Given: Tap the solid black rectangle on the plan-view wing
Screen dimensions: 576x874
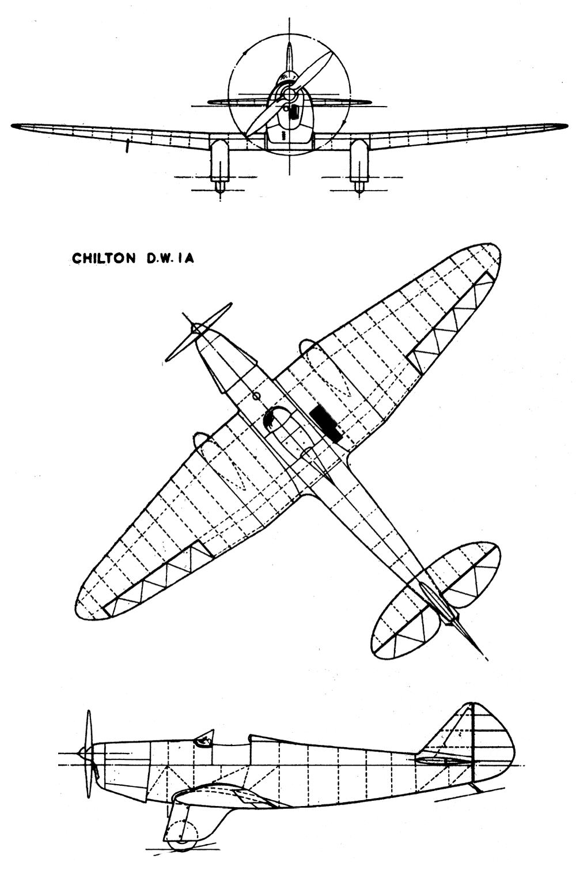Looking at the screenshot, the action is coord(327,424).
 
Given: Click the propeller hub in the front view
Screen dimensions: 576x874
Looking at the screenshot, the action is coord(289,94).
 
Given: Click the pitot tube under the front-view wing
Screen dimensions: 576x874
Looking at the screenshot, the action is coord(127,145).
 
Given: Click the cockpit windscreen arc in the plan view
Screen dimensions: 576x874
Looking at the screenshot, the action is coord(271,416).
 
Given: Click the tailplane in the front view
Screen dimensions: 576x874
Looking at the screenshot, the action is coord(289,102).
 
